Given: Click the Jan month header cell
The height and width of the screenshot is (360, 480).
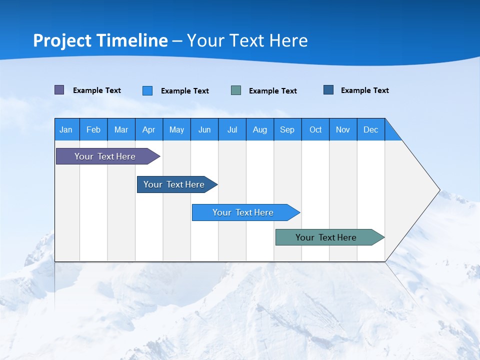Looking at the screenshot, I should tap(66, 129).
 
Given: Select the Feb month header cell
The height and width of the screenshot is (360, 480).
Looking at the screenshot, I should tap(93, 129).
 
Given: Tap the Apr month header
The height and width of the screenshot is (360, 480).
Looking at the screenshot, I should tap(149, 129).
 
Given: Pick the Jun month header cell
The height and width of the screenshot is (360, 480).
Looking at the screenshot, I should tap(204, 129).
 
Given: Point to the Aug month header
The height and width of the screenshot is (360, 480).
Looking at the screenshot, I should tap(260, 129).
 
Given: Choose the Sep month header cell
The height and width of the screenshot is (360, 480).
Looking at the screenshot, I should tap(287, 129).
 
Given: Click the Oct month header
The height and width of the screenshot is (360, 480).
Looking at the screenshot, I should tap(315, 129).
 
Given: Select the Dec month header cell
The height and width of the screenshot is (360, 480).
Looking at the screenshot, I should tap(371, 129).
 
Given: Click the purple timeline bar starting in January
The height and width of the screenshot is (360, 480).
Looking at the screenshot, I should tap(105, 156).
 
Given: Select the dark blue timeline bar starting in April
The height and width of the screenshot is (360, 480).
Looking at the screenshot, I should tap(174, 184).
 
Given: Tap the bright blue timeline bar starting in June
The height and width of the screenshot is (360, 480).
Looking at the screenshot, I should tap(243, 212).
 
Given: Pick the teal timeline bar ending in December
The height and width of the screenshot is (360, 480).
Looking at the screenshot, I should tap(326, 237).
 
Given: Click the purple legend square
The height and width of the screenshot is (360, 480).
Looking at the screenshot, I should tap(59, 90).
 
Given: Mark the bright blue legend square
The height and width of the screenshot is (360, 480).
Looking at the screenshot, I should tap(147, 90).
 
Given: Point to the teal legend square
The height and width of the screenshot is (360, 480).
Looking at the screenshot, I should tap(236, 90).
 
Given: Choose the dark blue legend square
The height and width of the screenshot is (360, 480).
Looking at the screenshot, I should tap(328, 90).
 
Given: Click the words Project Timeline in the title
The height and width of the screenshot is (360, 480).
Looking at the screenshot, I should tap(100, 40).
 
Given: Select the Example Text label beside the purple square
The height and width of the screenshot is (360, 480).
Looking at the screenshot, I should tap(97, 90).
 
